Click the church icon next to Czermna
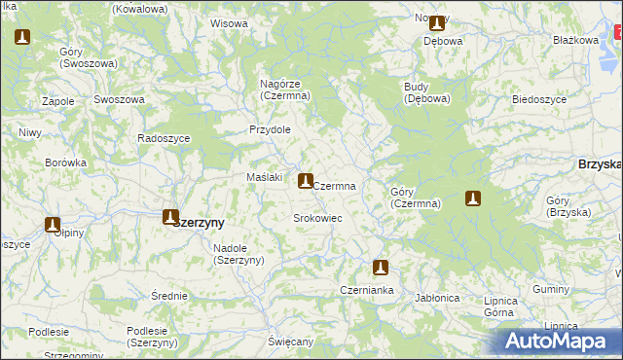tap(306, 180)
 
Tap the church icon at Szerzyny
tap(170, 217)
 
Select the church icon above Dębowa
tap(436, 23)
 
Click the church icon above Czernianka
tap(381, 268)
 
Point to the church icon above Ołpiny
tap(53, 225)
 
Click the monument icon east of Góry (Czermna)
tap(473, 198)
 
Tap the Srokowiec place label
tap(317, 218)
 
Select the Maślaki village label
tap(264, 177)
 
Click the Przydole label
tap(270, 129)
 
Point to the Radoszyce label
tap(164, 138)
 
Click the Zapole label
tap(59, 100)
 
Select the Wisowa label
tap(229, 22)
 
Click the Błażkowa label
tap(574, 40)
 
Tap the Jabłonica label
tap(436, 297)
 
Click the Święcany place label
tap(291, 342)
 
